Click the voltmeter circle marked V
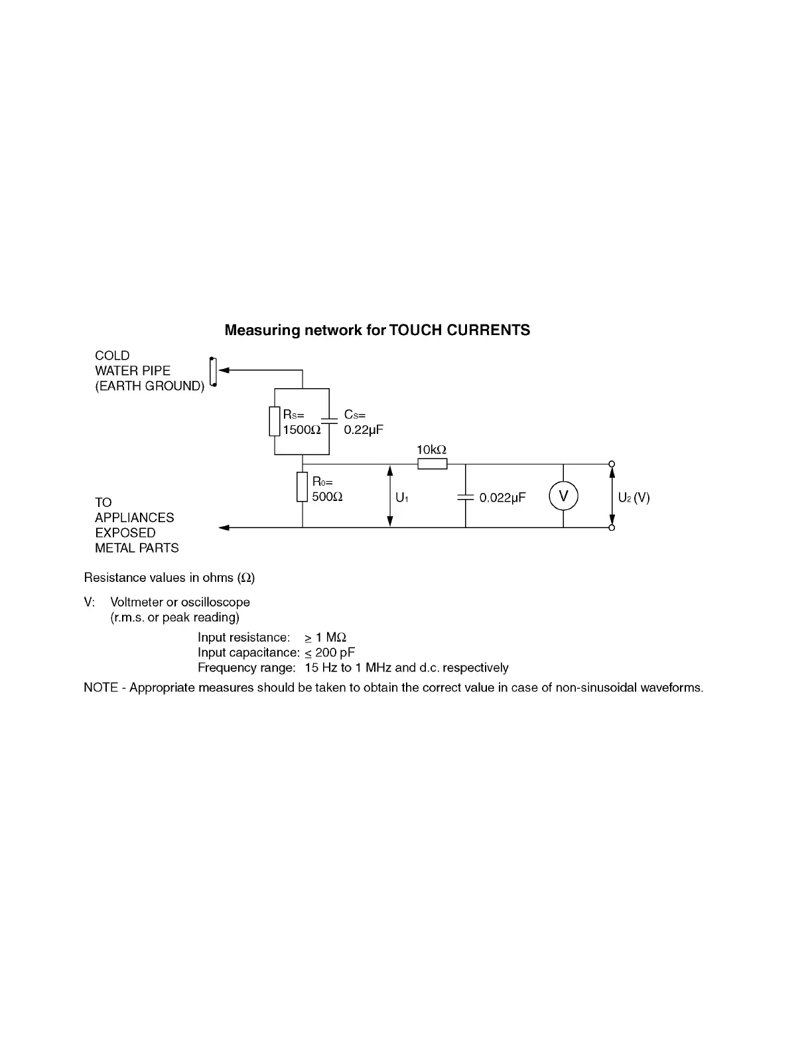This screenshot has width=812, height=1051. click(563, 496)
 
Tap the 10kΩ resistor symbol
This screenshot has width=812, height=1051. click(432, 464)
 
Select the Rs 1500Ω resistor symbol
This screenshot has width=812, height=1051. click(275, 421)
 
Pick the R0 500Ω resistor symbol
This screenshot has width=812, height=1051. click(303, 488)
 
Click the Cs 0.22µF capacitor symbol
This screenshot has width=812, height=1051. click(330, 421)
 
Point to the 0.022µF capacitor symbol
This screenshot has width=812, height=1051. click(466, 496)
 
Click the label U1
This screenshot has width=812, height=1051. click(401, 497)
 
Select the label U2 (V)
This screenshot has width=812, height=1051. click(634, 497)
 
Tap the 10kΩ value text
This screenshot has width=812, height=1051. click(431, 450)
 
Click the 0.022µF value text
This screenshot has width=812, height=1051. click(502, 497)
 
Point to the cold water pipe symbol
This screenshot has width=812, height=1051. click(213, 372)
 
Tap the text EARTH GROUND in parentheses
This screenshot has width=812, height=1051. click(149, 386)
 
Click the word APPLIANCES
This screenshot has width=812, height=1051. click(135, 518)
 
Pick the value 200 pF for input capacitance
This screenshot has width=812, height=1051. click(335, 652)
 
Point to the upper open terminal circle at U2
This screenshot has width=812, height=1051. click(612, 464)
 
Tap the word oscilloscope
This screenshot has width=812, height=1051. click(216, 602)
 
